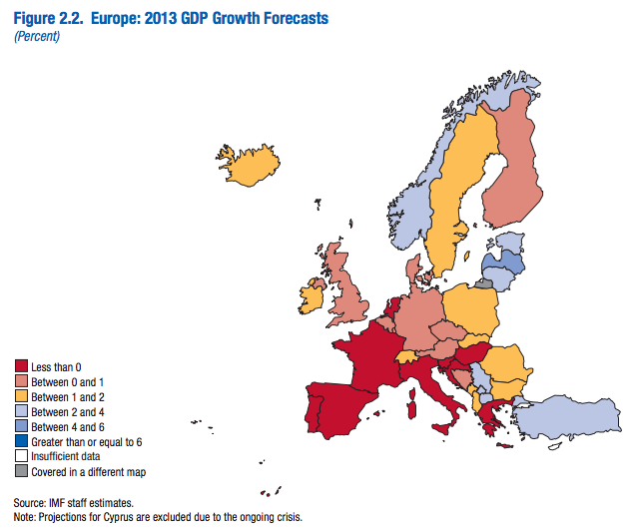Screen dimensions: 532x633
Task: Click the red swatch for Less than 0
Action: (20, 367)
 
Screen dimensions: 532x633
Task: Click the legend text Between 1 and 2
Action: (69, 397)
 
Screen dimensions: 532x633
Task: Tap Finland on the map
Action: (512, 170)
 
